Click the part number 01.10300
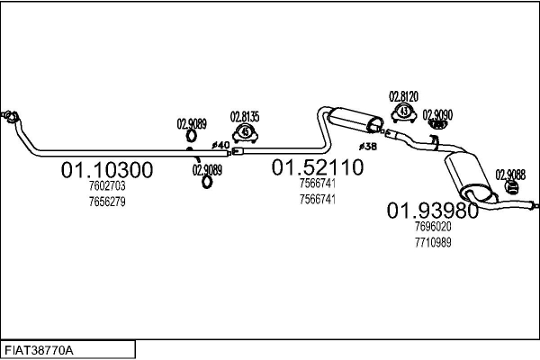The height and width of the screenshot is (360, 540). point(107,169)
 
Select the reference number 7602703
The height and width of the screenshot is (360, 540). point(107,186)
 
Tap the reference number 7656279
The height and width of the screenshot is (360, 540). point(107,202)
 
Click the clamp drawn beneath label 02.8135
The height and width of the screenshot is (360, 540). point(244,134)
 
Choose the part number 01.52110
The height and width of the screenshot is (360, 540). point(318,166)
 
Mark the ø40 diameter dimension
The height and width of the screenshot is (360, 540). point(220,144)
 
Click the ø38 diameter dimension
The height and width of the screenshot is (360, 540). point(367,146)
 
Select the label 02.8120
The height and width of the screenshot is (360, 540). point(403,96)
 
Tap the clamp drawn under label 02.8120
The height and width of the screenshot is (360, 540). point(404,112)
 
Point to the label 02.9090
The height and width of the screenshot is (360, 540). point(438,114)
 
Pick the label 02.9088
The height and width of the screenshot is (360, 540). point(510,175)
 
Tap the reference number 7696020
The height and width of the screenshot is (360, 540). point(433,228)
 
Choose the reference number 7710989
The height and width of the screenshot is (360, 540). point(433,242)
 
